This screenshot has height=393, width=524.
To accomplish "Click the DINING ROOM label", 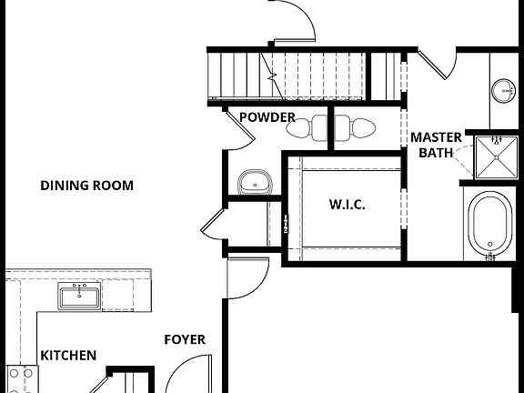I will (x=86, y=186).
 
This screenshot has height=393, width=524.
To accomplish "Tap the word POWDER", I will (x=267, y=117).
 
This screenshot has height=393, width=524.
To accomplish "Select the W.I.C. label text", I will (x=347, y=205).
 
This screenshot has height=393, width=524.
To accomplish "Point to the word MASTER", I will (x=436, y=137).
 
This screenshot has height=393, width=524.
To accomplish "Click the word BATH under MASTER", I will (x=435, y=153).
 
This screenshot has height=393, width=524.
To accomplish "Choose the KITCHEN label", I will (x=68, y=356).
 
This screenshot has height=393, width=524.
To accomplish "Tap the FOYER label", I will (x=185, y=340).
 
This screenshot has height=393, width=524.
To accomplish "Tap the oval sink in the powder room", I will (x=256, y=182).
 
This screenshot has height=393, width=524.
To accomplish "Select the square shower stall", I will (x=496, y=156).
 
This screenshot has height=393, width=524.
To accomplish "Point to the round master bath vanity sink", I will (x=503, y=90).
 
